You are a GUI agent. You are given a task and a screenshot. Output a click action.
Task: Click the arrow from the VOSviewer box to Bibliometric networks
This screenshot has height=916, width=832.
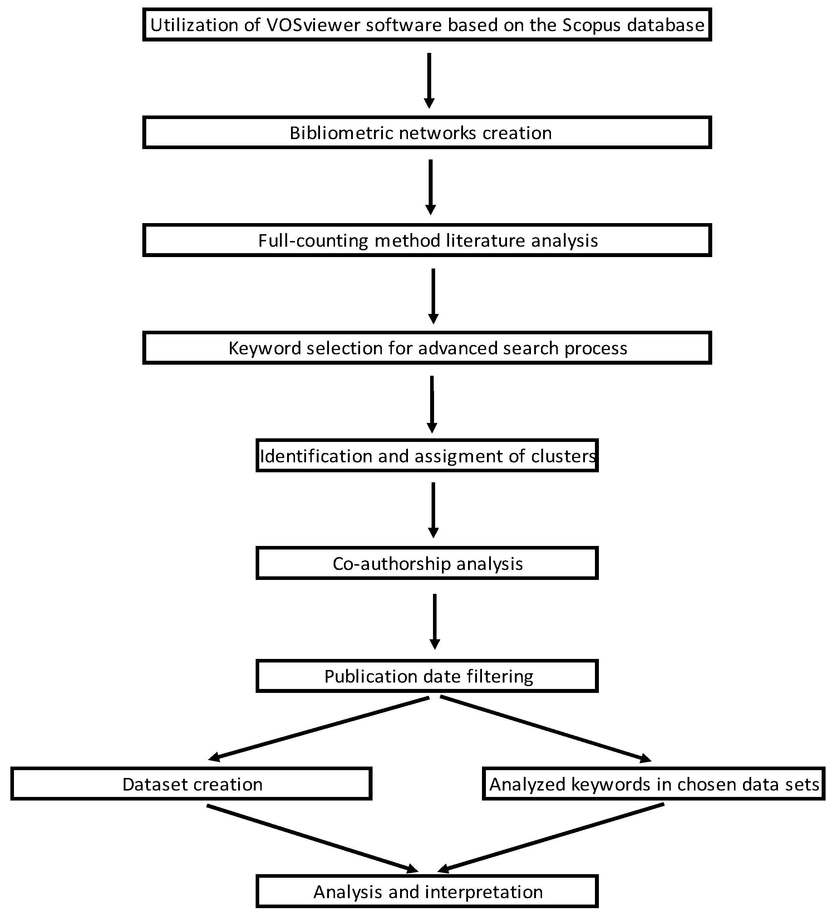pos(429,79)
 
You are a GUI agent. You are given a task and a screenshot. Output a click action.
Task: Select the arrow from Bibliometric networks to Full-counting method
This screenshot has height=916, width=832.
pos(430,186)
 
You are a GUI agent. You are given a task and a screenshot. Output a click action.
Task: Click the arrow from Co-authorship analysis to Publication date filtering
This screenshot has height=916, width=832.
pos(434,620)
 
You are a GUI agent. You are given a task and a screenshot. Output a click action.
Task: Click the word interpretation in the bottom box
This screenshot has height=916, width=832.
pos(482,892)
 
